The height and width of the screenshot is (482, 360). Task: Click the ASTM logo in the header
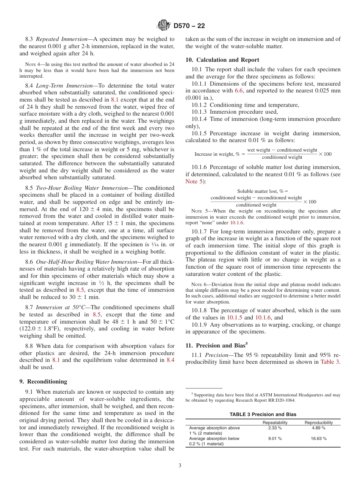click(x=164, y=26)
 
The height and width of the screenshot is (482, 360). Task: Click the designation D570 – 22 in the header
click(x=189, y=26)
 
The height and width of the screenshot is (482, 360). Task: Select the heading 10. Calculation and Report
click(x=222, y=60)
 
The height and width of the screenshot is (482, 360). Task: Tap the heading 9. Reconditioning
click(x=43, y=382)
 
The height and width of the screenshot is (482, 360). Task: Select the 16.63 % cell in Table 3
click(x=319, y=438)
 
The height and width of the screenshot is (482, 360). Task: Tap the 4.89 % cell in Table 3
click(x=319, y=428)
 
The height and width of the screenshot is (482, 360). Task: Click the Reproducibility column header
click(x=319, y=423)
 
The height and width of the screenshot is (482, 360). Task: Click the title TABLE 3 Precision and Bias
click(x=263, y=415)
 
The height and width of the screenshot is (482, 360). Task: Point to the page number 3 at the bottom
click(x=180, y=466)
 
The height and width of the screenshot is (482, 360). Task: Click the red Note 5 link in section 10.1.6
click(x=194, y=182)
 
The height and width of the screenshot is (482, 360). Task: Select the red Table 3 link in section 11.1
click(x=330, y=362)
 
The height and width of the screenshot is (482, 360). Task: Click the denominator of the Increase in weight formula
click(x=282, y=157)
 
